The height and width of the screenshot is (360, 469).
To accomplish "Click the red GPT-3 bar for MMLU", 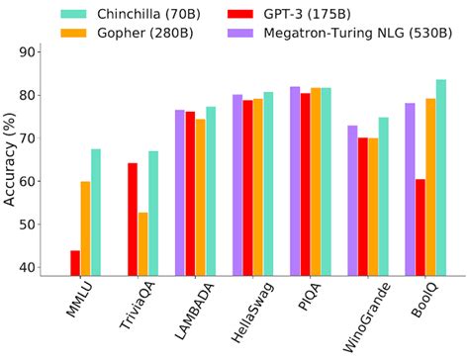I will click(x=75, y=262).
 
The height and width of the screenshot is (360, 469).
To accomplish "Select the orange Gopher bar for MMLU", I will click(x=86, y=227).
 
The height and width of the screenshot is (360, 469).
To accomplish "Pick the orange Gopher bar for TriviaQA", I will click(x=143, y=243).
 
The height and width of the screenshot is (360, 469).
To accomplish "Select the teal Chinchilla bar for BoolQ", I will click(x=441, y=177).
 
